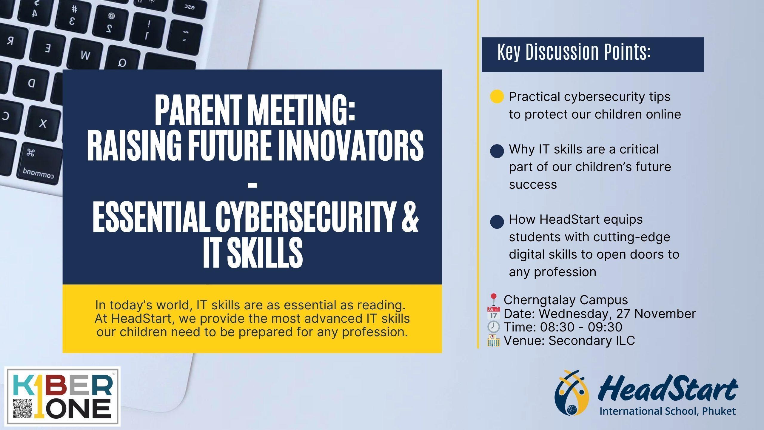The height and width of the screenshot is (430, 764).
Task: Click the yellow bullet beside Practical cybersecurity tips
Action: tap(497, 97)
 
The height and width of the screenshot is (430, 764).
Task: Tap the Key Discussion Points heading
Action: tap(574, 52)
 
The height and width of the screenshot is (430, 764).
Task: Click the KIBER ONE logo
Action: tap(63, 396)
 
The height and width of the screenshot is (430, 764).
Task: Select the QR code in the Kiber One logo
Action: tap(23, 408)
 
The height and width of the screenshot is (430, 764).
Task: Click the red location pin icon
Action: tap(493, 300)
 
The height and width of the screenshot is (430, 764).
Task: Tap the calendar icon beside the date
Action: tap(493, 314)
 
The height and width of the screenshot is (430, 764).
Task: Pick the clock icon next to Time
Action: tap(493, 327)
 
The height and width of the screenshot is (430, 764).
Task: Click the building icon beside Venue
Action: tap(493, 340)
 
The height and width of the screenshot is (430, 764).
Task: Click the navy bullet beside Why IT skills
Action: tap(497, 150)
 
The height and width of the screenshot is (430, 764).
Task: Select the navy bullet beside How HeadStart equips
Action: tap(497, 222)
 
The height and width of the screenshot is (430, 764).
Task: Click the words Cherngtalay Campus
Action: tap(566, 300)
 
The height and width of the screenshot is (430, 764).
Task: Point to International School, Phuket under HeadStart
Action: tap(668, 411)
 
